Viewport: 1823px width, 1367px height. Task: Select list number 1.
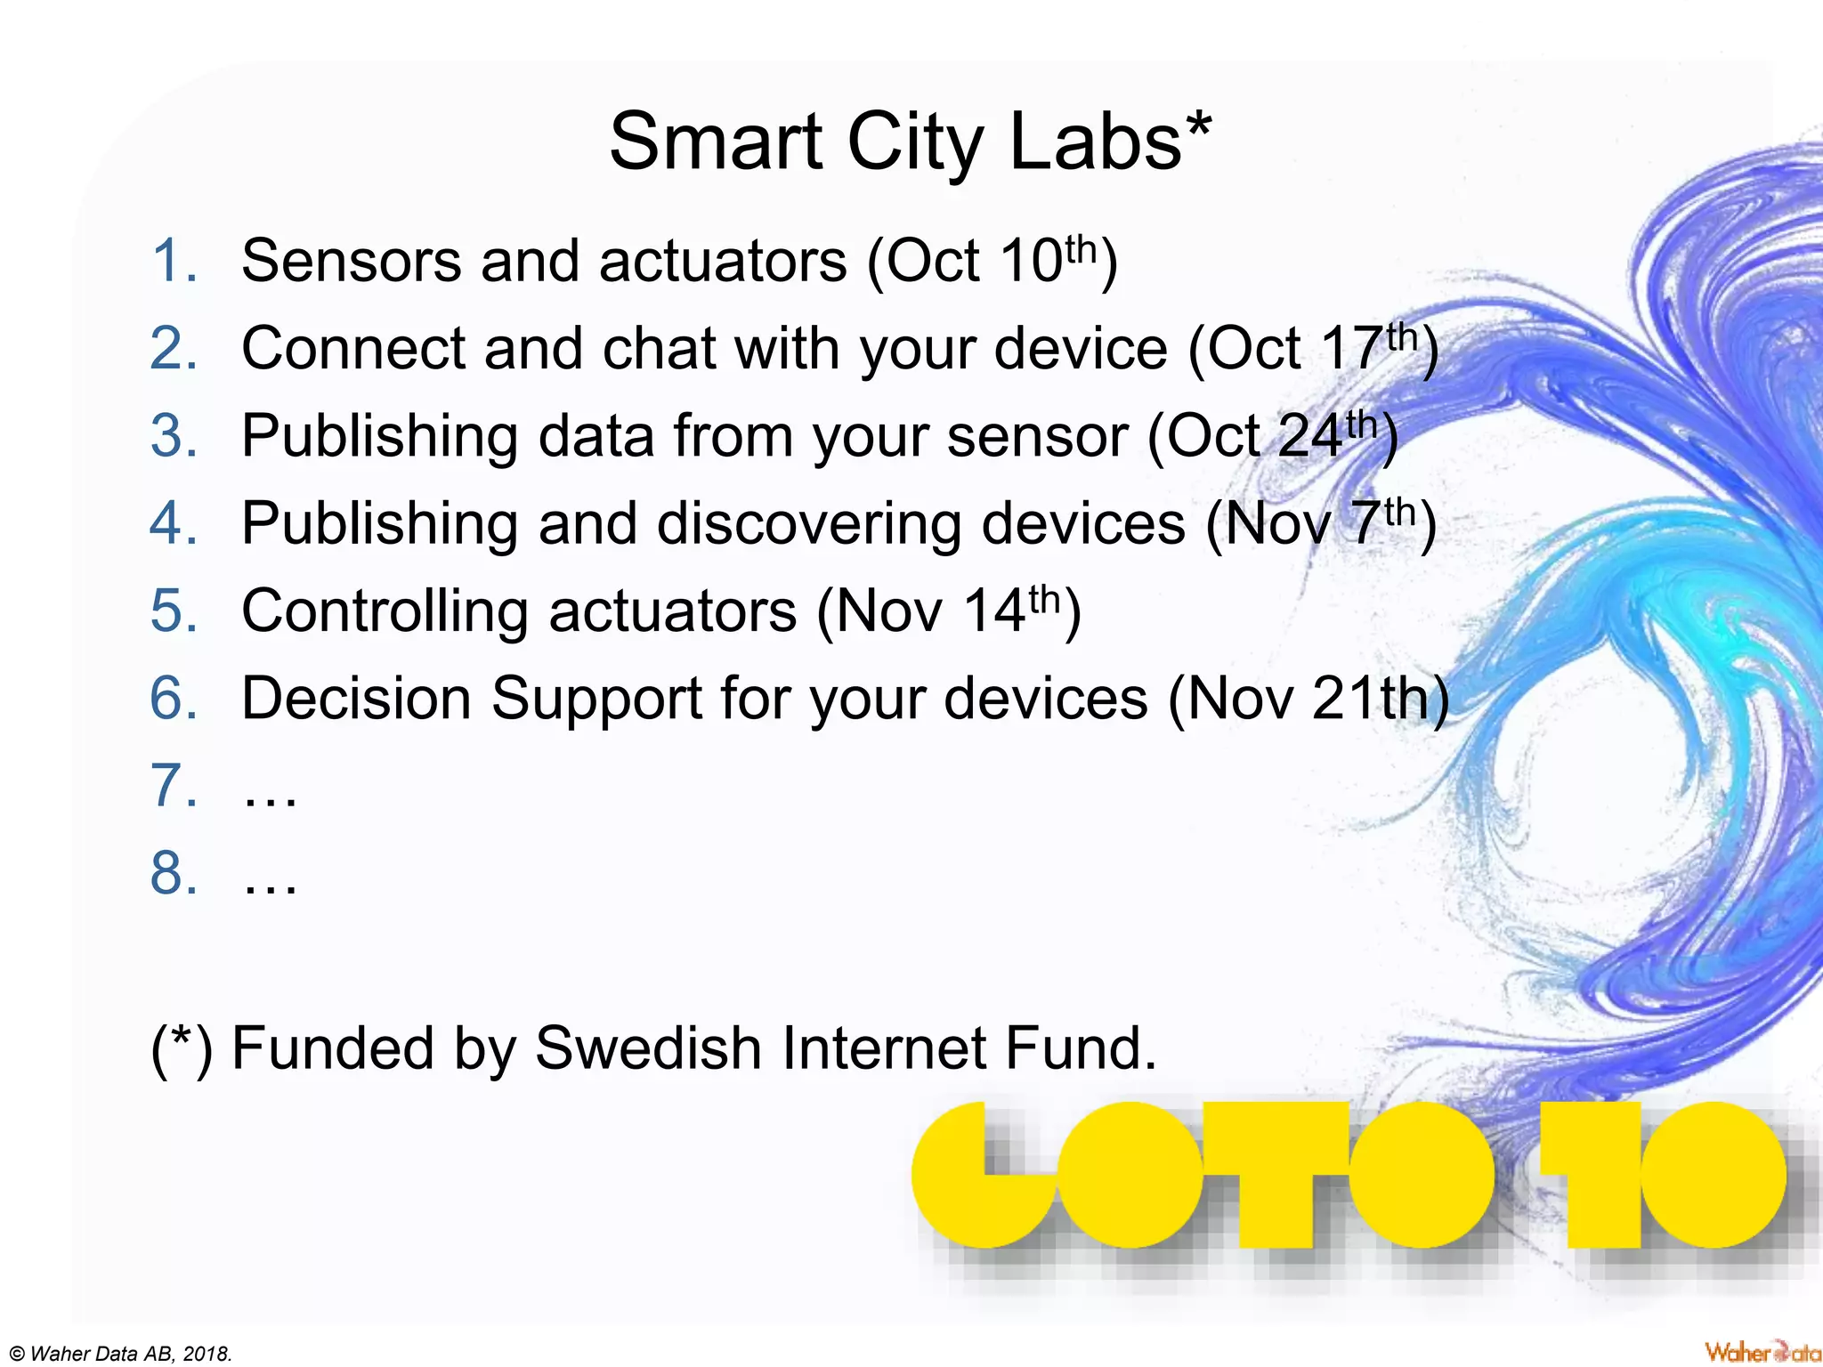[x=173, y=262]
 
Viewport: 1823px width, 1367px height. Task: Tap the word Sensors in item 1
[x=351, y=262]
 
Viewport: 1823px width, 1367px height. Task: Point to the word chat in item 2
[x=659, y=348]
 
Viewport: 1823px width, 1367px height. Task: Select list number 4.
[x=173, y=523]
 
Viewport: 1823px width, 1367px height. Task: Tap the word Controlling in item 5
[x=385, y=611]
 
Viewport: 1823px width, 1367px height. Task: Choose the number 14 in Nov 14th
[x=995, y=611]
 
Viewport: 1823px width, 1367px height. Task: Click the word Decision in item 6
[x=356, y=699]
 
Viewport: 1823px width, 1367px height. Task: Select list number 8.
[x=173, y=874]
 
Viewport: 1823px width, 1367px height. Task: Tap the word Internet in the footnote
[x=884, y=1048]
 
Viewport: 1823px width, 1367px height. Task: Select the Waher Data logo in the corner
[x=1762, y=1352]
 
